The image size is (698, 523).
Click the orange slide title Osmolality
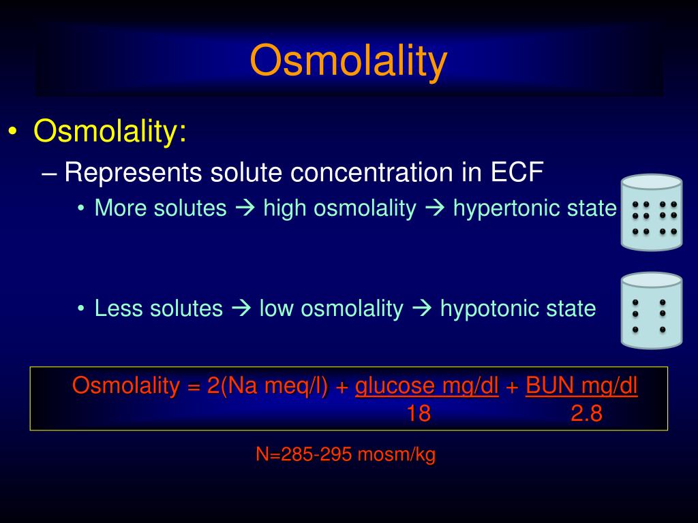[x=348, y=61]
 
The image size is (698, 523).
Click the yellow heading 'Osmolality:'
[x=110, y=131]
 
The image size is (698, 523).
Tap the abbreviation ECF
[x=517, y=172]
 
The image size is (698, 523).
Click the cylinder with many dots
[x=652, y=212]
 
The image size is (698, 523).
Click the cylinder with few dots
[x=652, y=311]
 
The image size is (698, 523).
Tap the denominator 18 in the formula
[x=419, y=413]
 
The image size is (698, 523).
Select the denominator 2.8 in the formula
[x=586, y=413]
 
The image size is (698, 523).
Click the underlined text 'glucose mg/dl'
[x=427, y=386]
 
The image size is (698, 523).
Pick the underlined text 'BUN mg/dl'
[x=581, y=386]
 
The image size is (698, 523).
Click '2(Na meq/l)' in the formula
[x=267, y=386]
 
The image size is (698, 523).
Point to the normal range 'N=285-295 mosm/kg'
[x=346, y=454]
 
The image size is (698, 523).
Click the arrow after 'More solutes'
[x=245, y=208]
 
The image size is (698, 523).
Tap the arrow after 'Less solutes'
[x=242, y=308]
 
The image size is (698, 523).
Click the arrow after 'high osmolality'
[x=435, y=208]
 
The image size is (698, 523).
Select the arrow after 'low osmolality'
[x=422, y=308]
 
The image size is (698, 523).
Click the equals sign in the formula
[x=194, y=387]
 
